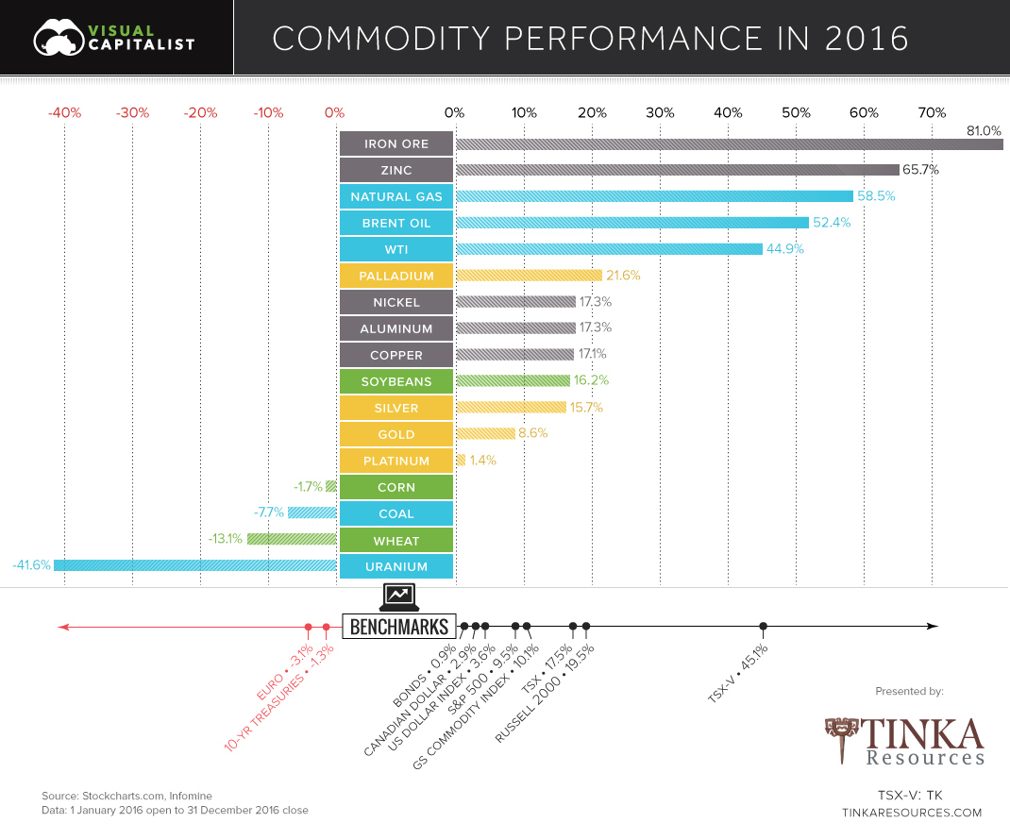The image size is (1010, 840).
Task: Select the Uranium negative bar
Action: [x=195, y=565]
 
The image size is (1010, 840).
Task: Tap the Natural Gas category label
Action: [x=396, y=196]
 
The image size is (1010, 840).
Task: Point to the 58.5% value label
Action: [x=876, y=196]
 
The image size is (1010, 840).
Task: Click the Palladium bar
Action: [x=529, y=276]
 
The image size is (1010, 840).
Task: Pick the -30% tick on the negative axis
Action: [x=132, y=113]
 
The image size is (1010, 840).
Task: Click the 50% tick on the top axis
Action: [x=796, y=113]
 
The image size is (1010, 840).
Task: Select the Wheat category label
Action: [x=396, y=541]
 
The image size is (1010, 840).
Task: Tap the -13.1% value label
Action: [x=226, y=540]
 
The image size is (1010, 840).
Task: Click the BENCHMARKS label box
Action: [x=398, y=627]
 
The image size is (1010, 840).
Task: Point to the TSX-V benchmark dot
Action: [x=763, y=626]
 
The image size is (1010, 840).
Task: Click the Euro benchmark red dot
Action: [x=308, y=627]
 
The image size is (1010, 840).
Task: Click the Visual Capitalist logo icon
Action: [x=59, y=38]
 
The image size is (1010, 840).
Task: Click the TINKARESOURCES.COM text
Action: [x=911, y=813]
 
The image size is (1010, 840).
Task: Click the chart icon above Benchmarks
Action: [x=398, y=596]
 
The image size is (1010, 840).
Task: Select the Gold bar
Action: [x=485, y=434]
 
